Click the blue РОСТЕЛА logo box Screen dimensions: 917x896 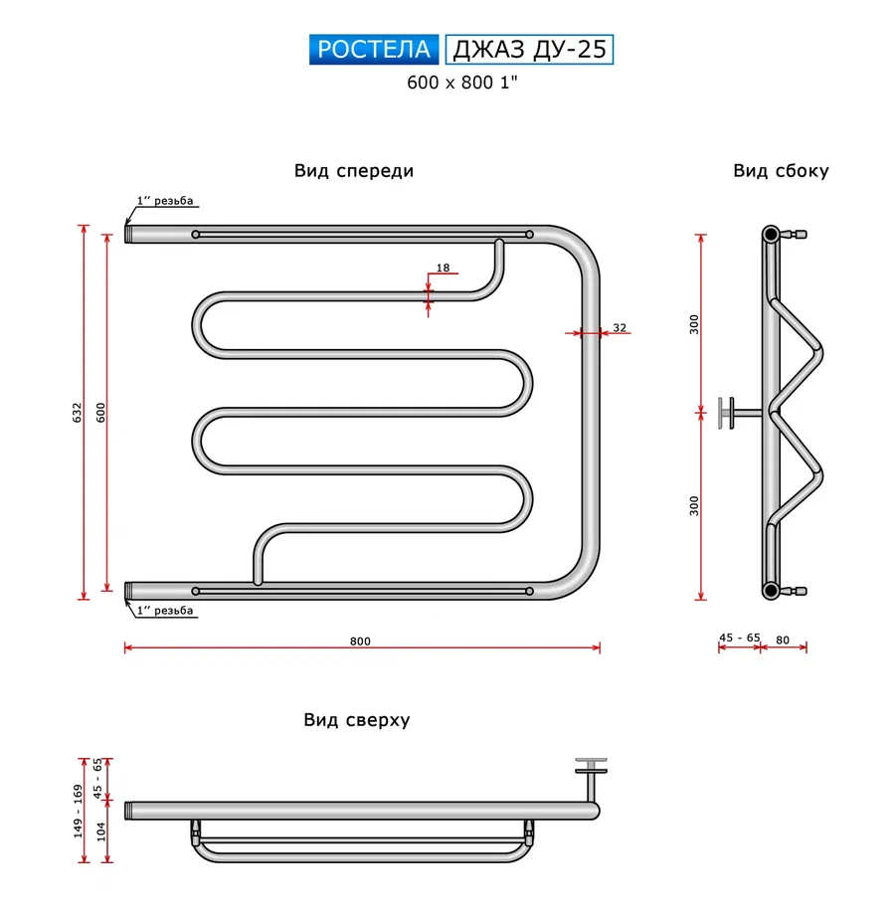pos(375,50)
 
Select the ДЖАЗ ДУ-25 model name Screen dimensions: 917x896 pos(528,50)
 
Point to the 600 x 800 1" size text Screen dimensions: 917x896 pos(463,84)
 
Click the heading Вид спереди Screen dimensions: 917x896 pos(354,171)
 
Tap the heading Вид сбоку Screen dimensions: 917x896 pos(781,171)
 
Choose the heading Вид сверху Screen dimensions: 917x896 pos(357,720)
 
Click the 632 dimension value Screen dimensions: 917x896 pos(77,413)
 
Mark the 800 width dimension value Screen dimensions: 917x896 pos(360,642)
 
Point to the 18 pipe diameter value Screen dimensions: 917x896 pos(443,268)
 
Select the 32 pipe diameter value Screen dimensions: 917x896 pos(620,327)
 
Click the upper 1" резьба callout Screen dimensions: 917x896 pos(165,202)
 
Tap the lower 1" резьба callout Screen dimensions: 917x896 pos(165,611)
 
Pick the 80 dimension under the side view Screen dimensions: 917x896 pos(783,641)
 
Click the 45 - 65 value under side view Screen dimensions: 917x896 pos(739,641)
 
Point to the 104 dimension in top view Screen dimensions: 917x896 pos(101,832)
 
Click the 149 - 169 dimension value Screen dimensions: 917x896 pos(77,812)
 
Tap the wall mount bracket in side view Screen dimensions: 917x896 pos(731,412)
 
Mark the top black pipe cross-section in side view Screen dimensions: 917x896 pos(771,236)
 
